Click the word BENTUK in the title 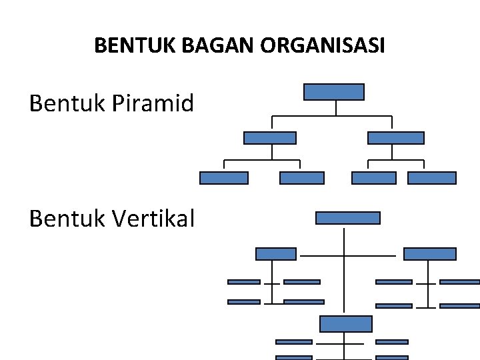point(127,46)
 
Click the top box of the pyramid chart point(334,92)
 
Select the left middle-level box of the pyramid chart point(270,138)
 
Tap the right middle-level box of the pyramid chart point(396,138)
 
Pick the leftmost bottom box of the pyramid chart point(224,178)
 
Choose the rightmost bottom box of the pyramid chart point(432,178)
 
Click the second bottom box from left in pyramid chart point(302,178)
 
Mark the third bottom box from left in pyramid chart point(374,178)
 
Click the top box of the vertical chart point(347,218)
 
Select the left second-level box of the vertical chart point(276,254)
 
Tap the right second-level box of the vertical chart point(430,254)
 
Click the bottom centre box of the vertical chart point(346,324)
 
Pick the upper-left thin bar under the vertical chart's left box point(244,282)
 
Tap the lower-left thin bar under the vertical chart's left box point(244,302)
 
